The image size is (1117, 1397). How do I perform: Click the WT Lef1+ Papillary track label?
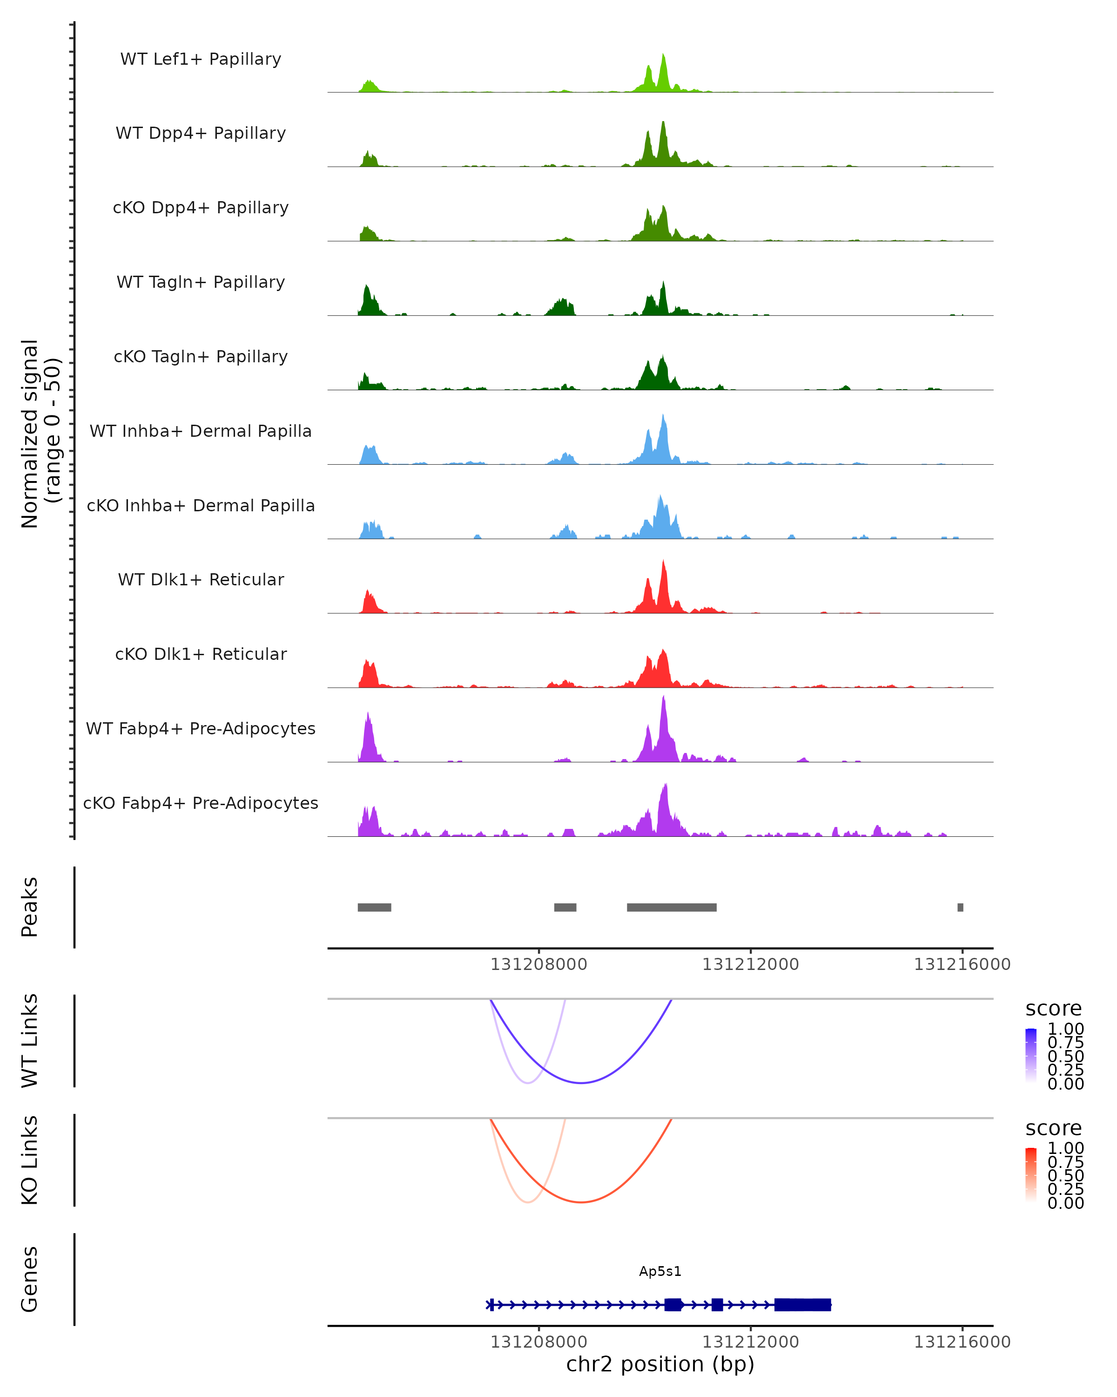click(201, 59)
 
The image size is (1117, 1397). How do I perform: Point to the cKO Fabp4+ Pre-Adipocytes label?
click(201, 803)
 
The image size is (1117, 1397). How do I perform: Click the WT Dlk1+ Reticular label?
click(201, 579)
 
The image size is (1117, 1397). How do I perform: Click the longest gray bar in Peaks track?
click(672, 907)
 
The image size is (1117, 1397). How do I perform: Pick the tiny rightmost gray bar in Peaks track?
click(960, 907)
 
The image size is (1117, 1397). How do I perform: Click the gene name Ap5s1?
click(660, 1271)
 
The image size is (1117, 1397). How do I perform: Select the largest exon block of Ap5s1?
click(803, 1304)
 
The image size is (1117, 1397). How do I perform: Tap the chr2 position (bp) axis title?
click(660, 1364)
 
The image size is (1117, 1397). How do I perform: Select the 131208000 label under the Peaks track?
click(539, 964)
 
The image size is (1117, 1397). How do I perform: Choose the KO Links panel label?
click(30, 1160)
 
